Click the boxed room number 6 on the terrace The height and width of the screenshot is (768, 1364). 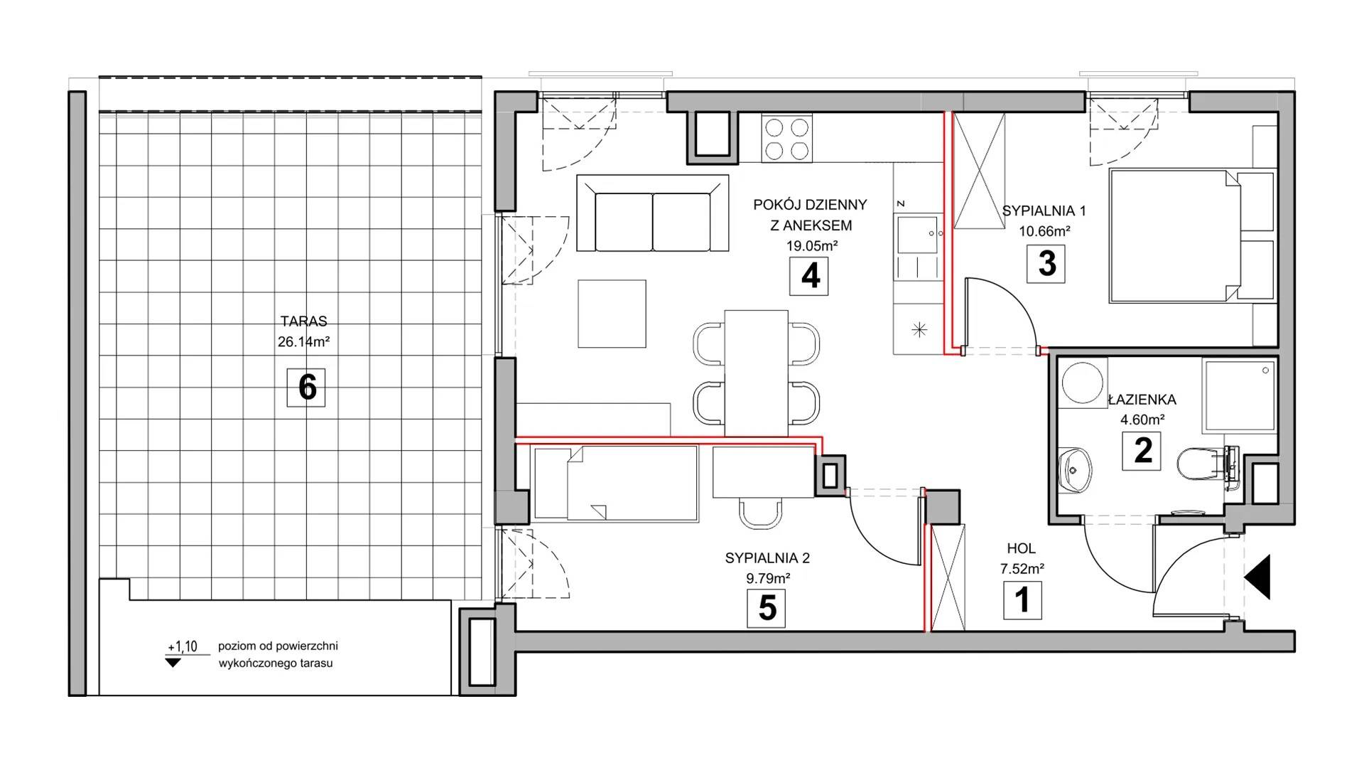[306, 388]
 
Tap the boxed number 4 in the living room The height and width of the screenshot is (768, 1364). [810, 276]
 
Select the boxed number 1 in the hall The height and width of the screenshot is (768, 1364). [1022, 600]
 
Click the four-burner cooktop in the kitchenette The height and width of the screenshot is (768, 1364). [786, 139]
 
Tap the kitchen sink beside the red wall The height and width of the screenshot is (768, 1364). [919, 235]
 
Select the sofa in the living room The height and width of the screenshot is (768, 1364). [653, 213]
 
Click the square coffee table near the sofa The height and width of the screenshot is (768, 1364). [612, 314]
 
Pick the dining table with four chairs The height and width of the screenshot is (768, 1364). [756, 373]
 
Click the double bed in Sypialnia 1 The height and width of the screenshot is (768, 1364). [1182, 235]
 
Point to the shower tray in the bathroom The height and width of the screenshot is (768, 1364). [1240, 395]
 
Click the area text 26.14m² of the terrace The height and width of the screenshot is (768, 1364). [303, 342]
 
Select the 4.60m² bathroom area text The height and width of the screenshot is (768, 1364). [1142, 420]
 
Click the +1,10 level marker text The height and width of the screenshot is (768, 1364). [183, 646]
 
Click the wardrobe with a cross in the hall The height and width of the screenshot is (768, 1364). [948, 578]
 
